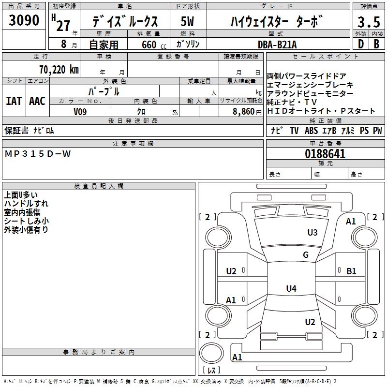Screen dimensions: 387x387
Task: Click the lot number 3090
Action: (x=24, y=21)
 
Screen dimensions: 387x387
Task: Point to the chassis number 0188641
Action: (x=325, y=154)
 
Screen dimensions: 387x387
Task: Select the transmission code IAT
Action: (x=14, y=101)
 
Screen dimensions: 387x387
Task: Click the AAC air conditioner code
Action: (x=37, y=101)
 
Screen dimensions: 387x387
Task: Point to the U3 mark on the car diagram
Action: (x=313, y=233)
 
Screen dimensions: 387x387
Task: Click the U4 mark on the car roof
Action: (x=291, y=289)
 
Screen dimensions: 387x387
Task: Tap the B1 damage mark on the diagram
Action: (x=351, y=271)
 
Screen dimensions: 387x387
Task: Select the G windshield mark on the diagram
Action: (x=305, y=255)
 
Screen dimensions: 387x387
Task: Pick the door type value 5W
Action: (x=188, y=21)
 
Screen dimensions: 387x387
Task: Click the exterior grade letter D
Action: (x=360, y=44)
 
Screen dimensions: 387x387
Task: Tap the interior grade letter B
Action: (x=376, y=44)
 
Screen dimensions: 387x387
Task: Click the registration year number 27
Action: (x=63, y=26)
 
